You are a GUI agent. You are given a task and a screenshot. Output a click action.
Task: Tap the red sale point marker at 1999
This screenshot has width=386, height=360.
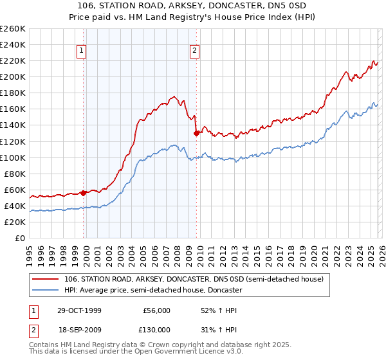(84, 192)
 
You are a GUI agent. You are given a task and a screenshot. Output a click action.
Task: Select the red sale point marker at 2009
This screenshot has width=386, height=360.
(196, 133)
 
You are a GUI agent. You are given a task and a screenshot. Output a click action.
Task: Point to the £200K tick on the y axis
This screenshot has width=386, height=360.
(14, 76)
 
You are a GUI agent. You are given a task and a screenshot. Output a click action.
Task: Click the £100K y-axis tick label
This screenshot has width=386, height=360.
(14, 157)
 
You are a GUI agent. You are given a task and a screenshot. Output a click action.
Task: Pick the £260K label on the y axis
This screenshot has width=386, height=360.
(14, 29)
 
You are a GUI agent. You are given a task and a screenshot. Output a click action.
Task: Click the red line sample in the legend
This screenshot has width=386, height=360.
(46, 279)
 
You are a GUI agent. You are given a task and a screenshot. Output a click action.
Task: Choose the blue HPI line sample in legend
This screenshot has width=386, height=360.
(46, 290)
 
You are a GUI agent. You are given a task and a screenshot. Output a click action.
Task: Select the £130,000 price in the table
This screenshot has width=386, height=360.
(156, 329)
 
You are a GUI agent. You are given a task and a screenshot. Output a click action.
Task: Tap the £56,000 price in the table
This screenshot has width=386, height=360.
(156, 310)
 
